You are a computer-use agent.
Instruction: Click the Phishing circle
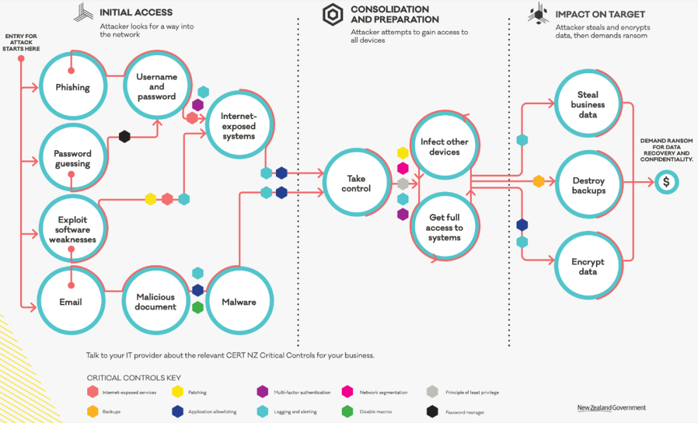73,87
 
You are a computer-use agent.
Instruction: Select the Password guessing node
73,158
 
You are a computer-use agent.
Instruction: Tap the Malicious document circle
156,301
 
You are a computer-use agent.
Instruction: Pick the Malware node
239,301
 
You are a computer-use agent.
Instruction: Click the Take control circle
356,183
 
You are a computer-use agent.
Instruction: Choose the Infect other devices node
444,146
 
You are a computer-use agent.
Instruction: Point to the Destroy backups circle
589,185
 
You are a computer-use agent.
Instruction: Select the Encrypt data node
589,266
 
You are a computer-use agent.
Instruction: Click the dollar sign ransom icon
666,182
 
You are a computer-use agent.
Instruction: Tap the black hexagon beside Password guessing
125,136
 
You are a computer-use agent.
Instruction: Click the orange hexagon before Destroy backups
538,181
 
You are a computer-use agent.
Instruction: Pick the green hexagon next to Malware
198,307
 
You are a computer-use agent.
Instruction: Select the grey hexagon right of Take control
403,184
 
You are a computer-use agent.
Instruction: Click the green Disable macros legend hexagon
347,411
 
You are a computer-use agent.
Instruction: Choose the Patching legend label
197,392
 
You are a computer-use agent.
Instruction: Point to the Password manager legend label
465,412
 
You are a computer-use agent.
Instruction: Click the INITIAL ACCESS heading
136,12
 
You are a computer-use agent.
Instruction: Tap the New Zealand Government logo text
611,407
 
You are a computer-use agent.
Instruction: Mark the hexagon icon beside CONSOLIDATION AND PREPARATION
333,15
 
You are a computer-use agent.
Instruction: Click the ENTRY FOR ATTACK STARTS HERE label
21,42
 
